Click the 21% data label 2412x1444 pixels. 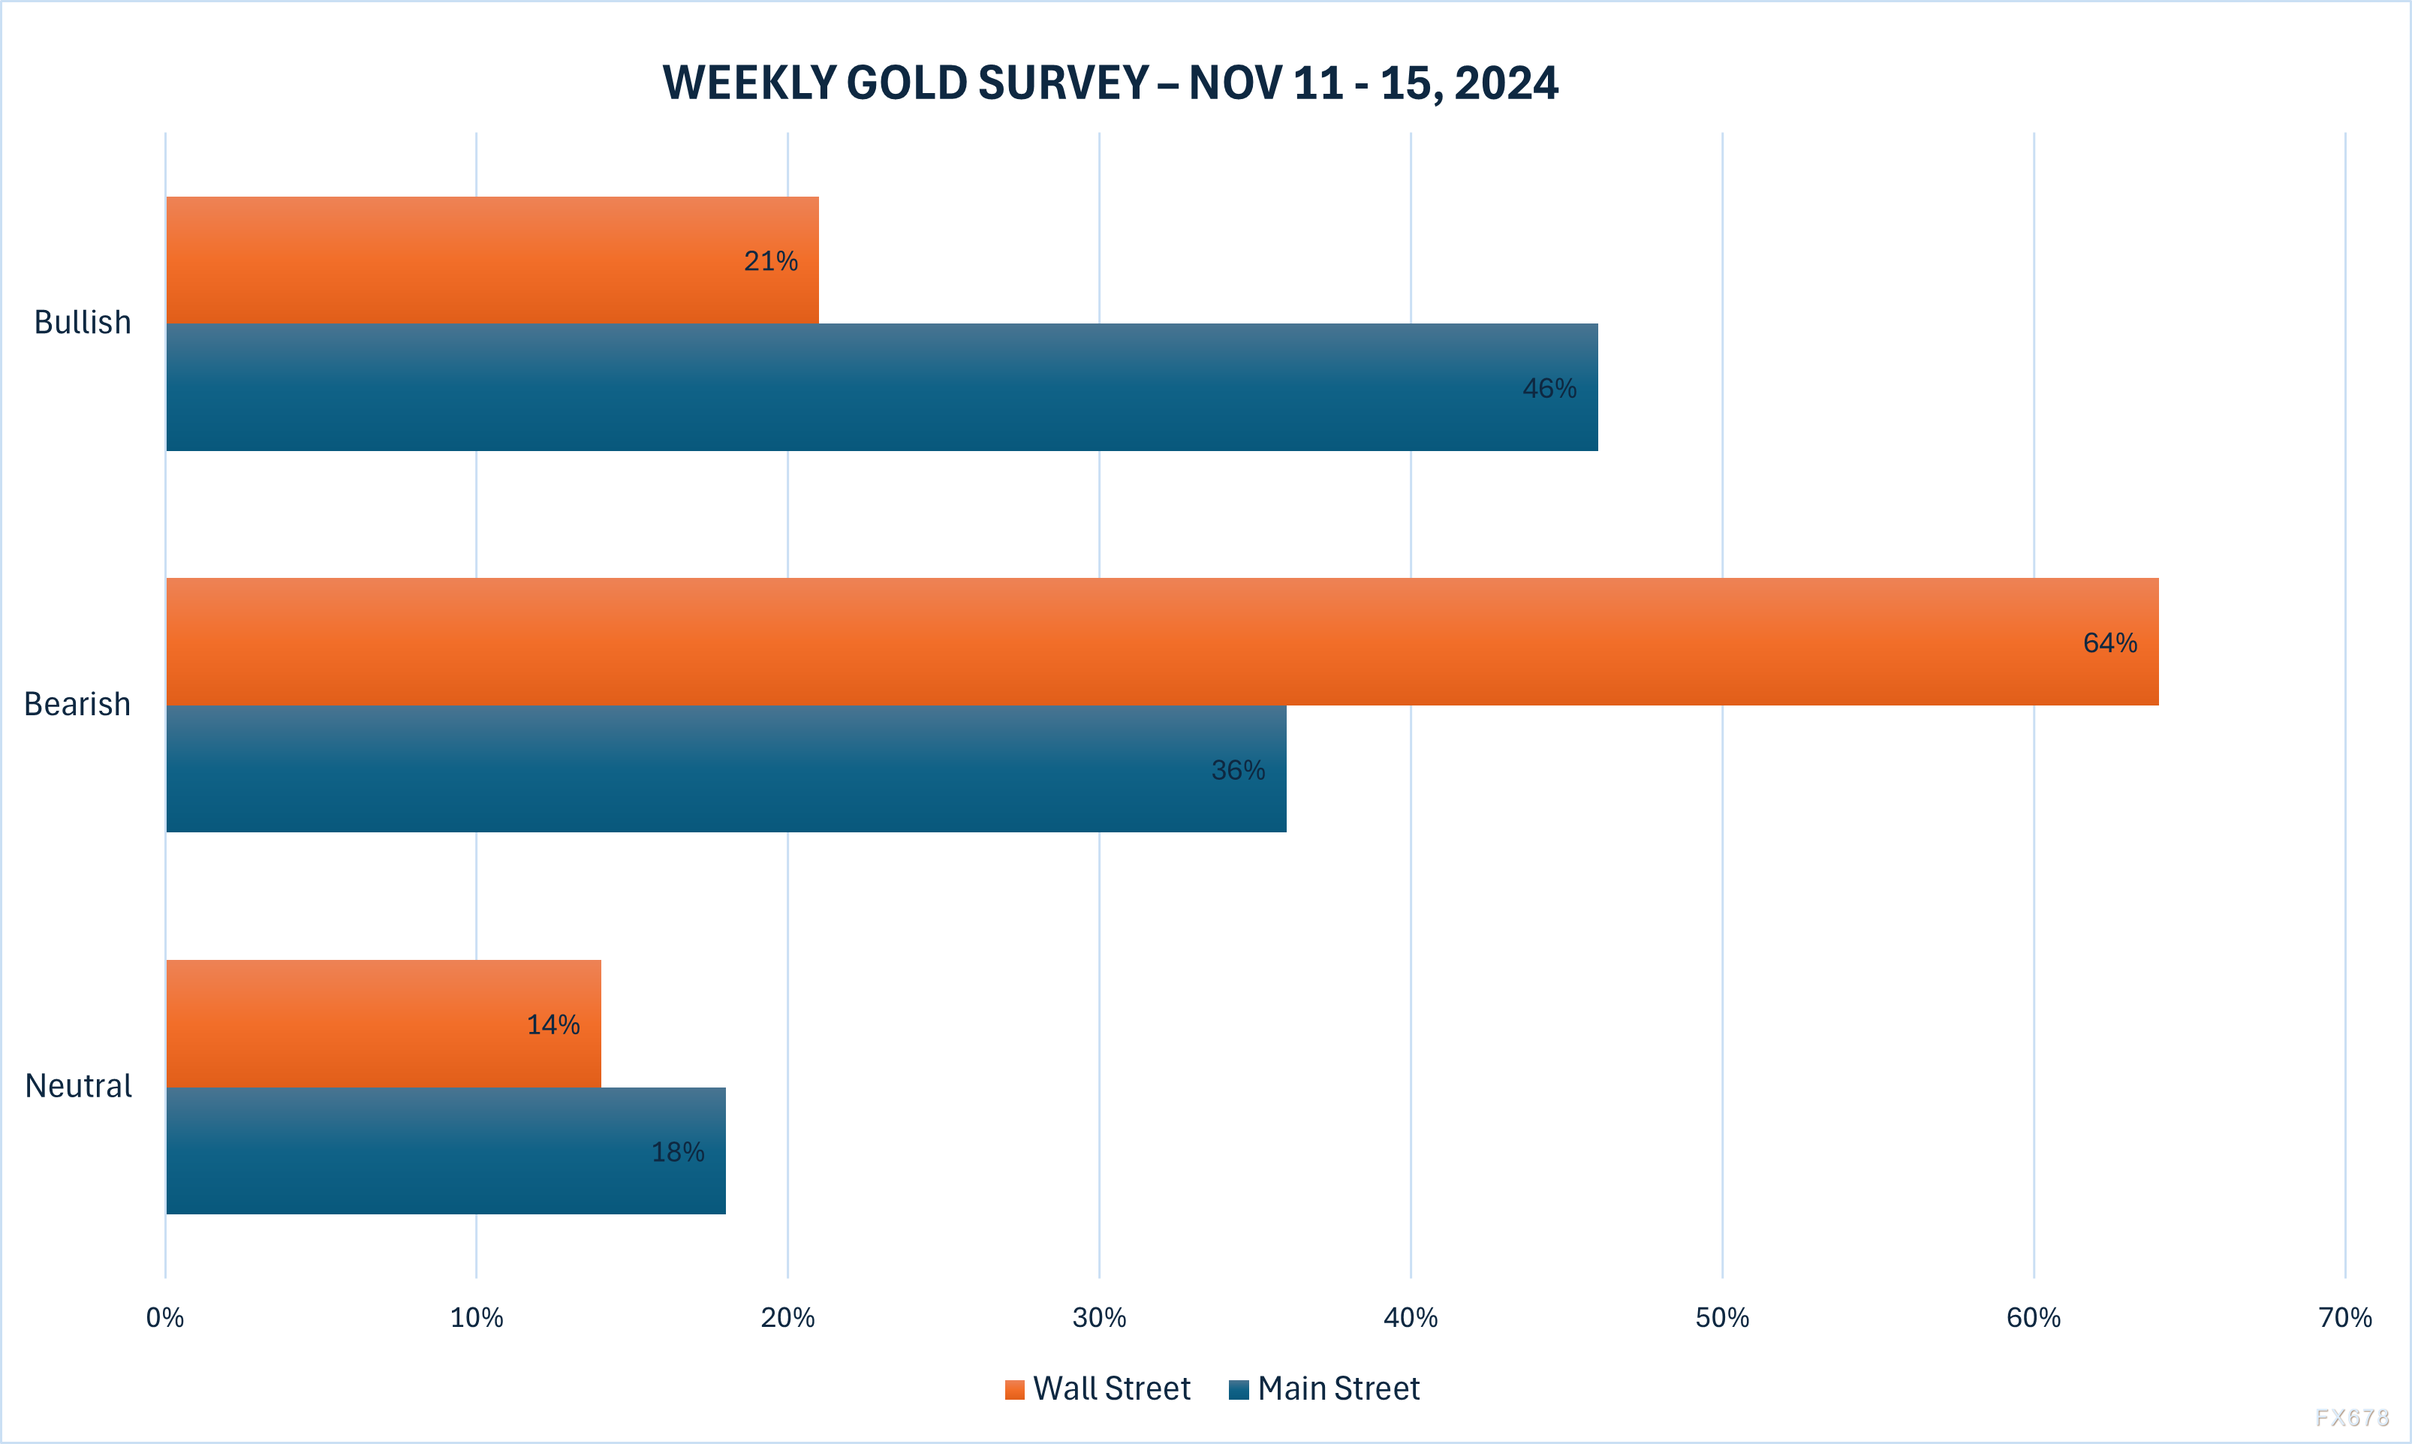click(x=771, y=260)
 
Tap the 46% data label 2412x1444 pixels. click(x=1549, y=388)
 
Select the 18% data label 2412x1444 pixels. click(x=677, y=1152)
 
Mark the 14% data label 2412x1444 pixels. click(x=553, y=1024)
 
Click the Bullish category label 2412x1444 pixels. click(x=83, y=322)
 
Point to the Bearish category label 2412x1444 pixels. click(x=77, y=703)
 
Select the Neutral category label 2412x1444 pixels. click(x=78, y=1086)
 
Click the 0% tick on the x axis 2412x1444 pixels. click(x=164, y=1317)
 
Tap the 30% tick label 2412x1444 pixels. click(x=1098, y=1317)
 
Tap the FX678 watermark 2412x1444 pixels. click(x=2352, y=1418)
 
